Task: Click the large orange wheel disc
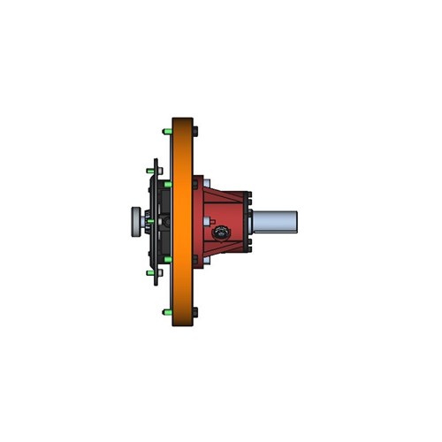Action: point(183,221)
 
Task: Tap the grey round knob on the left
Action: point(134,221)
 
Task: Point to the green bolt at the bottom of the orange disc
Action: point(166,312)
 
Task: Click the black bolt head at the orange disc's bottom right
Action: point(196,312)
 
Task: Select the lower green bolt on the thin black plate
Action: point(148,272)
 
